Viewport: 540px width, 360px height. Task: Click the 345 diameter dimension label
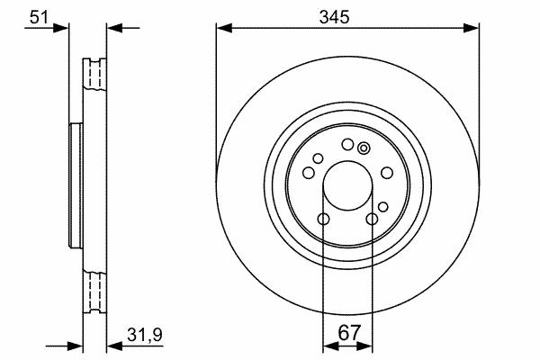pos(334,17)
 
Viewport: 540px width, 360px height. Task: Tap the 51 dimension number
pos(39,17)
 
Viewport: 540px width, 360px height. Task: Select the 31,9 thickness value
pos(145,335)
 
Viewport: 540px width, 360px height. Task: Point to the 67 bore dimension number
pos(348,333)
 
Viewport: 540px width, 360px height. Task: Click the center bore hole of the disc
pos(347,185)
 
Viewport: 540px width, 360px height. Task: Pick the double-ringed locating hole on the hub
pos(364,148)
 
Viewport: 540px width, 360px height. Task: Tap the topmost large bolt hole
pos(347,144)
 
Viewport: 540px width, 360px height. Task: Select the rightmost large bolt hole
pos(387,173)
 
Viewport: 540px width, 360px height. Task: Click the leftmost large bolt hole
pos(309,173)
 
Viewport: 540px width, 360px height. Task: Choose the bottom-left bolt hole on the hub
pos(323,219)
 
